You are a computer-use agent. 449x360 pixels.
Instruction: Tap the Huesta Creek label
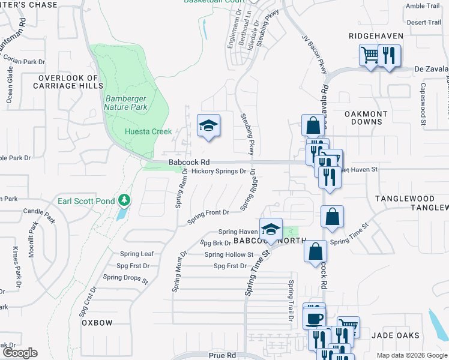pos(148,131)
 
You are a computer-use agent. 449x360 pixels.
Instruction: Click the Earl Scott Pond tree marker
pos(124,200)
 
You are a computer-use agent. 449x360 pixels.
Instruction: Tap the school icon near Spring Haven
pos(271,230)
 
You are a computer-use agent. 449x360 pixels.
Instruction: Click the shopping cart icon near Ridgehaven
pos(370,56)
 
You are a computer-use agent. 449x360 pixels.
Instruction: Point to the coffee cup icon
pos(315,317)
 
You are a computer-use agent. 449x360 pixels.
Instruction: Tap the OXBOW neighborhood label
pos(97,323)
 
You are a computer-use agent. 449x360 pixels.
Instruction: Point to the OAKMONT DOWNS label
pos(366,118)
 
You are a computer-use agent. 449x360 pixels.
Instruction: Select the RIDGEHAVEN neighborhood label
pos(376,36)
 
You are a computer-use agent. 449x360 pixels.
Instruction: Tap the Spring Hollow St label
pos(229,254)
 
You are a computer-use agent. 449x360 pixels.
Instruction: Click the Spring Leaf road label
pos(137,254)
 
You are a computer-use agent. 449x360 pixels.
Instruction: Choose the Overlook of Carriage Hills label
pos(68,82)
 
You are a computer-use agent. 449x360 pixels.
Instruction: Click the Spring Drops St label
pos(125,278)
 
